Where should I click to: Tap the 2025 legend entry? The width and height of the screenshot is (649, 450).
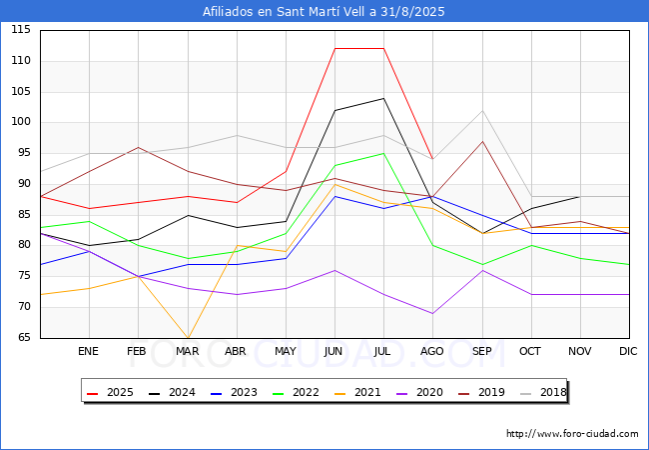click(x=110, y=392)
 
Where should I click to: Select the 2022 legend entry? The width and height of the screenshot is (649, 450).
click(x=296, y=392)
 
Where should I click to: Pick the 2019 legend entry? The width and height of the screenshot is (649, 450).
click(x=482, y=392)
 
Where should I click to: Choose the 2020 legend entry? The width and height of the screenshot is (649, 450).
click(x=419, y=392)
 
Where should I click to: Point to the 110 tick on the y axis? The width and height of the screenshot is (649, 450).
click(x=21, y=60)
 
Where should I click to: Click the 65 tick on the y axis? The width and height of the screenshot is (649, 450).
click(x=24, y=337)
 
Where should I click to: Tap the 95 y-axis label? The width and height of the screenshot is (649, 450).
click(x=24, y=153)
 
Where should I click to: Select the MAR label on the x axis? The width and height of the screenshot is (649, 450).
click(x=188, y=351)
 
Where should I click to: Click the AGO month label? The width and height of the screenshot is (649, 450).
click(x=432, y=351)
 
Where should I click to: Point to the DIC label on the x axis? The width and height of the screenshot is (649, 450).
click(x=628, y=351)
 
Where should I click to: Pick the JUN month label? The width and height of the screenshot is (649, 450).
click(x=333, y=351)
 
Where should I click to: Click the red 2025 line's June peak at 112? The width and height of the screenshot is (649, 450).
click(x=334, y=48)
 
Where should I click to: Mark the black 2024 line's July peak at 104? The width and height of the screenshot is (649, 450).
click(x=383, y=98)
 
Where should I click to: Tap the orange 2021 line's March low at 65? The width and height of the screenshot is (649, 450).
click(x=188, y=338)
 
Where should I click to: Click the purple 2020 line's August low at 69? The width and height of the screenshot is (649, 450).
click(x=432, y=313)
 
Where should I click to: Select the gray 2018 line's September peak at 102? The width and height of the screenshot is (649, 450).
click(x=482, y=110)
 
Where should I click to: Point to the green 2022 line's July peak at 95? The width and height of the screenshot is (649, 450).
click(x=383, y=153)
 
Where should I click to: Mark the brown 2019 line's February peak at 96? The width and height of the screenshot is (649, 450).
click(x=138, y=147)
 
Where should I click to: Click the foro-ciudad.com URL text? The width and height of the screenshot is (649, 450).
click(x=572, y=434)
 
